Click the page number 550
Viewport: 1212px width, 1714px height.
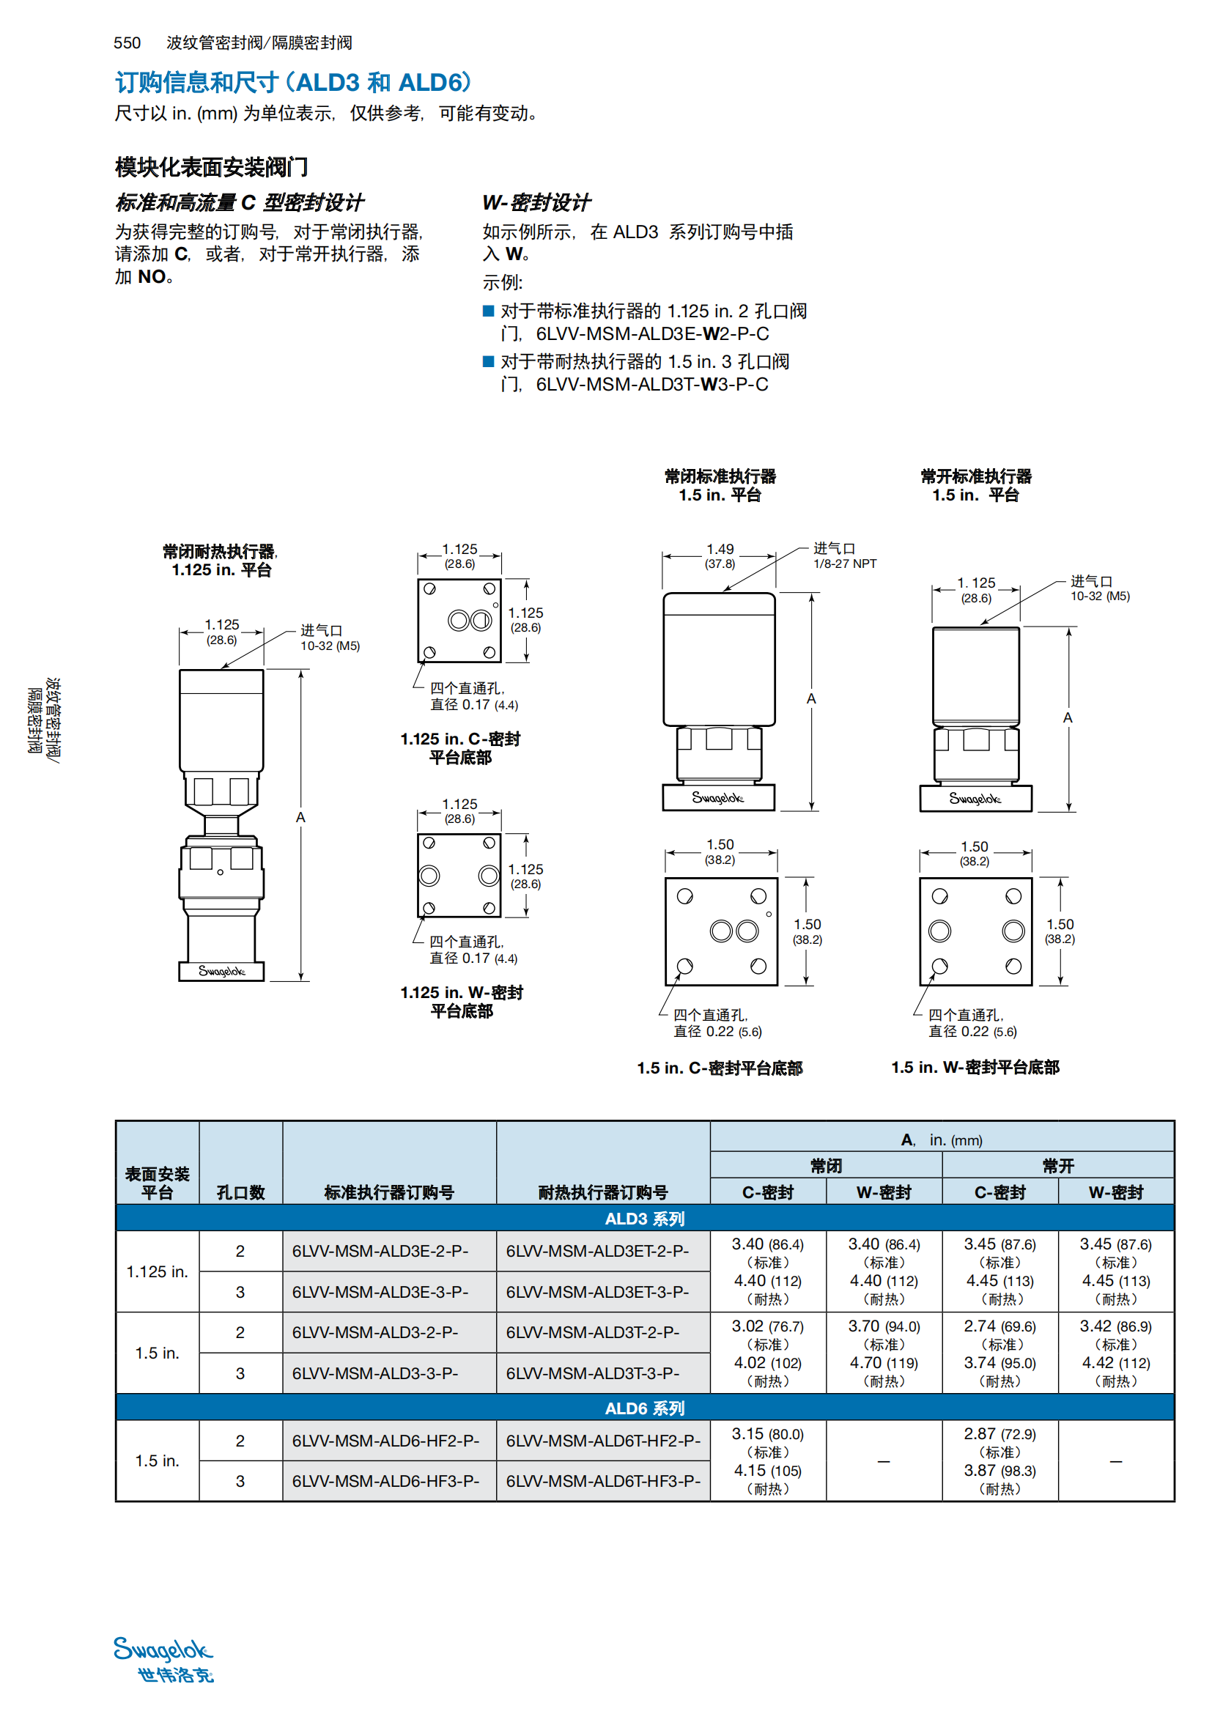tap(127, 43)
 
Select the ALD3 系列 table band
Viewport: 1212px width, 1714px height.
tap(644, 1219)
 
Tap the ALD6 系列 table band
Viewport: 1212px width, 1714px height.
tap(644, 1408)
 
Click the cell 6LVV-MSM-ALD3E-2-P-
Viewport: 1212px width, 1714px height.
tap(380, 1251)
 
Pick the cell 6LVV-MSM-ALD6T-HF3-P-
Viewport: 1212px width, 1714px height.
tap(603, 1481)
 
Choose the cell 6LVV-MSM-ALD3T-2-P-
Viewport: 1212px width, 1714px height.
tap(593, 1332)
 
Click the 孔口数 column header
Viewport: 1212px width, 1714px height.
tap(240, 1192)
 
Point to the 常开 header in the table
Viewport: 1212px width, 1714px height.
tap(1057, 1165)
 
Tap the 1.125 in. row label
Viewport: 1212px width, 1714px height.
tap(157, 1271)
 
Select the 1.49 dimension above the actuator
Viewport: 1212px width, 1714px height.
tap(720, 550)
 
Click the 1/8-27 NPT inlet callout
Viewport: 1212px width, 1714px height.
tap(845, 564)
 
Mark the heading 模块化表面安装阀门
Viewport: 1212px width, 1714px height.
tap(211, 167)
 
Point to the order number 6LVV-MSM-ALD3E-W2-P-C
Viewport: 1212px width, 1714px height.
tap(652, 333)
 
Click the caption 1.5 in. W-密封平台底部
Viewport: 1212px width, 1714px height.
tap(975, 1068)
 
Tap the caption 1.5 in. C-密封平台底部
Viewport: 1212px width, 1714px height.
tap(720, 1068)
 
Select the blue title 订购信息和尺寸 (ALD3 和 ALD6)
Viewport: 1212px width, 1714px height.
tap(293, 82)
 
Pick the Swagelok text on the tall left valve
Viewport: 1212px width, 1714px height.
tap(221, 971)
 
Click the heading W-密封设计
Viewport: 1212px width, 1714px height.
tap(536, 202)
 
